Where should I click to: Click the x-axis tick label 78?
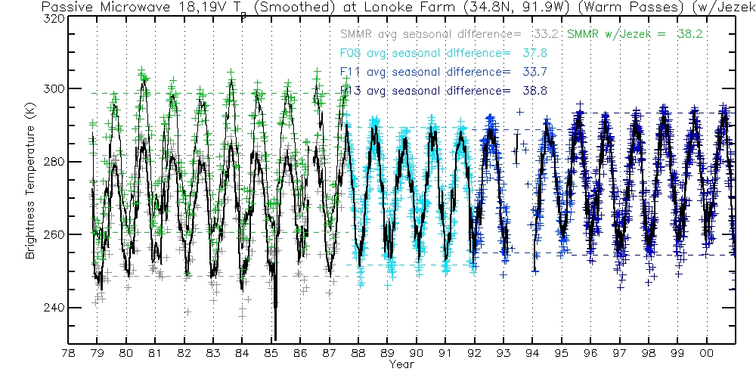pyautogui.click(x=68, y=353)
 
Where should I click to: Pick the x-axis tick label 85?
pyautogui.click(x=271, y=353)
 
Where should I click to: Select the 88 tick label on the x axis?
pyautogui.click(x=358, y=353)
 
